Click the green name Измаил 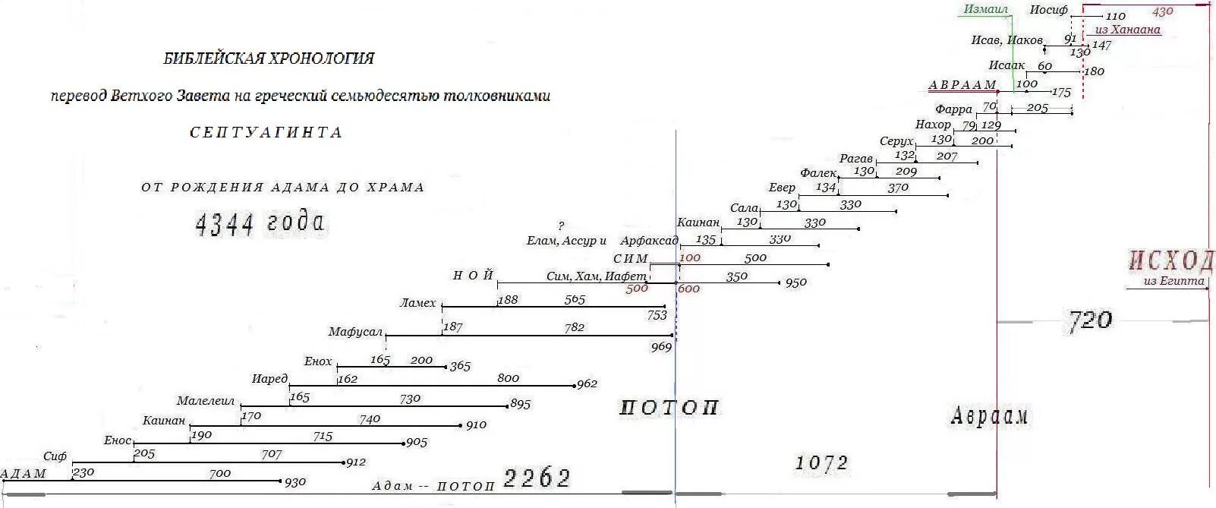(x=985, y=10)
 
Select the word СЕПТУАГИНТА (x=266, y=133)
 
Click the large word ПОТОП (x=669, y=409)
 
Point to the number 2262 (x=537, y=478)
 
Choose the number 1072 (x=821, y=462)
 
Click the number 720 (x=1090, y=320)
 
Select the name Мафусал (x=355, y=332)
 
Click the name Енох (x=318, y=361)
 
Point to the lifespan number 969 (x=661, y=347)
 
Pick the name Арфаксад (x=649, y=241)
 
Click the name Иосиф (x=1049, y=10)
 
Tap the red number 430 (x=1162, y=12)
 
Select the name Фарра (x=953, y=109)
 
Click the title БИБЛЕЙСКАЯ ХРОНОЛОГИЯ (x=269, y=58)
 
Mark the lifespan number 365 (x=460, y=367)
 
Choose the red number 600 (x=688, y=289)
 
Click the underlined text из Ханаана (x=1127, y=30)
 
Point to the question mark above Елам (x=561, y=226)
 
